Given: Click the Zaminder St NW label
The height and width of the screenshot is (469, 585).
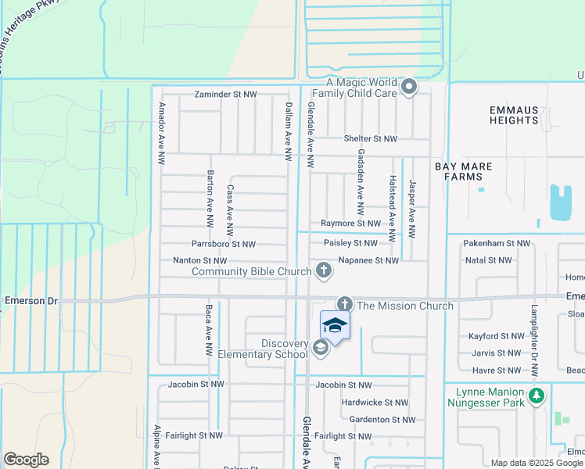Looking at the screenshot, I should point(226,95).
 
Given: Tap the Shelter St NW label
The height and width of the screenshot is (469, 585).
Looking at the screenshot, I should point(371,139).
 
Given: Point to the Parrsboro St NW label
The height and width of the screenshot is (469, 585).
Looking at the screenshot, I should point(224,245).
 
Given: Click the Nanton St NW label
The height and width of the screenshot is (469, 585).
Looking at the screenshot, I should point(199,260).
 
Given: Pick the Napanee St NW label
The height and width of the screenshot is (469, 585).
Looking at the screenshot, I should point(368,260).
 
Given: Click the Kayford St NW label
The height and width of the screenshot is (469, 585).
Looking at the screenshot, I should point(496,336).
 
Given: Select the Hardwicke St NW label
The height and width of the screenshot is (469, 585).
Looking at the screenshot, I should point(375,403).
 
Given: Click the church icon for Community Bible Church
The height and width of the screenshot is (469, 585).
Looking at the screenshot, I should point(324,271).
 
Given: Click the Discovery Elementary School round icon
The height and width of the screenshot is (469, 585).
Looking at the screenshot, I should point(320,348).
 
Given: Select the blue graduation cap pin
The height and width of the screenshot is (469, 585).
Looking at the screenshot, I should point(335,325).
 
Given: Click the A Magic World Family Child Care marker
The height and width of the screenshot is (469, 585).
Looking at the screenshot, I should point(408,88).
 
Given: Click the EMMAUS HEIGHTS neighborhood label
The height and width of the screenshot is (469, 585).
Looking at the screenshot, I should point(514,115).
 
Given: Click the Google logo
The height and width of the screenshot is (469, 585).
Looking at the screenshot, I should point(26,460).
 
